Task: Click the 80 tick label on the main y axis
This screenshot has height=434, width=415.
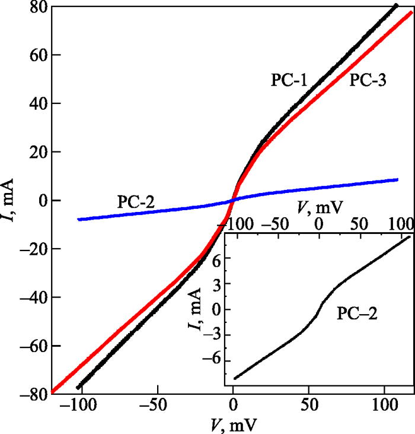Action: point(36,8)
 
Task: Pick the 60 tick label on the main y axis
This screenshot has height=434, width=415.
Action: point(36,55)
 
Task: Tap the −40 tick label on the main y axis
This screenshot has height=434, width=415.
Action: point(31,297)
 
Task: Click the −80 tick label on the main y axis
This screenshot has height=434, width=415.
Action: point(31,394)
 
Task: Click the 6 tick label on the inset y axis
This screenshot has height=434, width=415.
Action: point(216,259)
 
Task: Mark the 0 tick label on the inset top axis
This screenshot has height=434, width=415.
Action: point(319,224)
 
